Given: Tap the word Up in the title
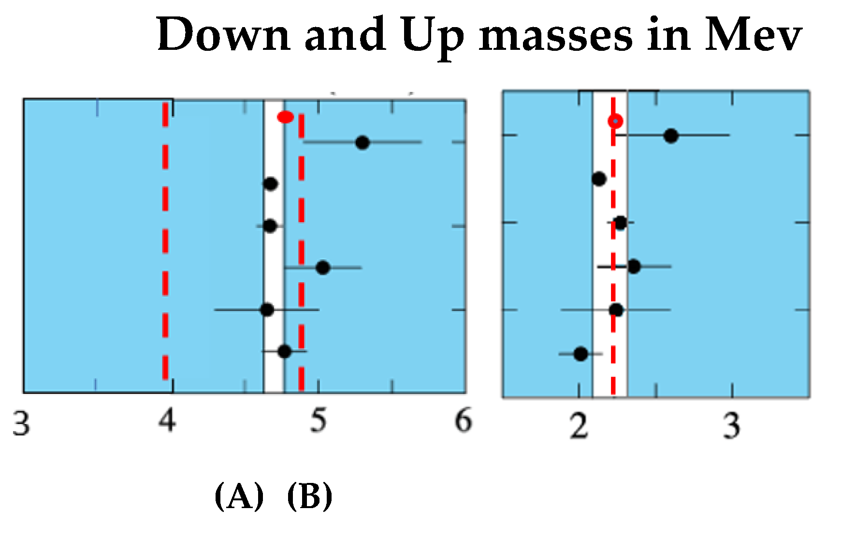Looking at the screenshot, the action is (x=432, y=35).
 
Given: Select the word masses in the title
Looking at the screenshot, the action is (x=555, y=35).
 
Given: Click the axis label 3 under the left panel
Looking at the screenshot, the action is (x=21, y=424).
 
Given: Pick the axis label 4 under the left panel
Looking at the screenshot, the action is (x=167, y=420).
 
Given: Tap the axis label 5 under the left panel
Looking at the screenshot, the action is (x=318, y=420).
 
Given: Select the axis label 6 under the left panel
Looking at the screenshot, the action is (x=463, y=420).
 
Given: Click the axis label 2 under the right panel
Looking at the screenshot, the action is (x=579, y=426).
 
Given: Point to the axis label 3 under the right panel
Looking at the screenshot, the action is (x=732, y=426).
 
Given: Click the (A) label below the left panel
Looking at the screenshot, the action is (x=239, y=496).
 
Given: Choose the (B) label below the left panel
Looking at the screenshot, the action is (x=310, y=496).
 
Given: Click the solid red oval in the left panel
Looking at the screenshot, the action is (x=285, y=117).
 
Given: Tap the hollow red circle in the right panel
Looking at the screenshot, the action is (x=615, y=120).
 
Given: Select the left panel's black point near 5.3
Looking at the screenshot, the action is (x=362, y=142).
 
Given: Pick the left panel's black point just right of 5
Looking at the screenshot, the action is (x=322, y=267).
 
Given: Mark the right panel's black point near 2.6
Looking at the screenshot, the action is (x=671, y=136).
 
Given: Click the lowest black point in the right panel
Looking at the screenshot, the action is (x=581, y=354).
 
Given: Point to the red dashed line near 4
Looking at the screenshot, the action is (x=165, y=242).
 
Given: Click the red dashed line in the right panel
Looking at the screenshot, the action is (x=613, y=290).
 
